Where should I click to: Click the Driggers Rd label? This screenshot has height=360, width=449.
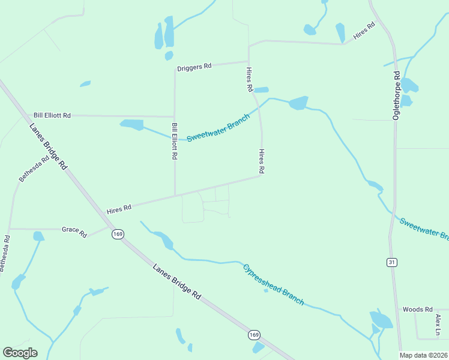coord(194,67)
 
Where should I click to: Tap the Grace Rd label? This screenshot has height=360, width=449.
coord(75,230)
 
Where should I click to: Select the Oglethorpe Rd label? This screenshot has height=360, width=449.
coord(396,96)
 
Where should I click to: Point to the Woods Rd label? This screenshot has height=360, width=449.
coord(417,310)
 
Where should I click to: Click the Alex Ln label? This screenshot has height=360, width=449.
coord(438,325)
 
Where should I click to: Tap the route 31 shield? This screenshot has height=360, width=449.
coord(391,262)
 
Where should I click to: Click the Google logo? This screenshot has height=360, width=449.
coord(20,352)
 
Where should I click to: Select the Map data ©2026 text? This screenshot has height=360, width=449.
coord(424,355)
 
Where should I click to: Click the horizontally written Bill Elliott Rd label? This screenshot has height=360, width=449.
coord(52,115)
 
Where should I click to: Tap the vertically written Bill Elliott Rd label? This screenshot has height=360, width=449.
coord(174,141)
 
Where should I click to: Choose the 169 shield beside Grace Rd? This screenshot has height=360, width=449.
coord(118,234)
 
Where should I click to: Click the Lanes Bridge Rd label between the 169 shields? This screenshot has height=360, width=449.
coord(176,281)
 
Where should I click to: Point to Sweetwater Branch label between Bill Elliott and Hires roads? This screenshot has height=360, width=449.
coord(217,129)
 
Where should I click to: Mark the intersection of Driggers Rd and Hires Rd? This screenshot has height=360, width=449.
coord(249,61)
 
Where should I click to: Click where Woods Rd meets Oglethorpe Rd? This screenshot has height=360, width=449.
coord(398,310)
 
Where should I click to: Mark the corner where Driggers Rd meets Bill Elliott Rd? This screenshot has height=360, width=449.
coord(175,69)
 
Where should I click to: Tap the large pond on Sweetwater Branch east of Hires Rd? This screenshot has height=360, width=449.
coord(298,103)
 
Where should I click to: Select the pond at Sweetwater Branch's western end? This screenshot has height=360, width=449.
coord(132,125)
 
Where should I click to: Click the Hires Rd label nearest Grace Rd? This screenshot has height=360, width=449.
coord(119,209)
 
